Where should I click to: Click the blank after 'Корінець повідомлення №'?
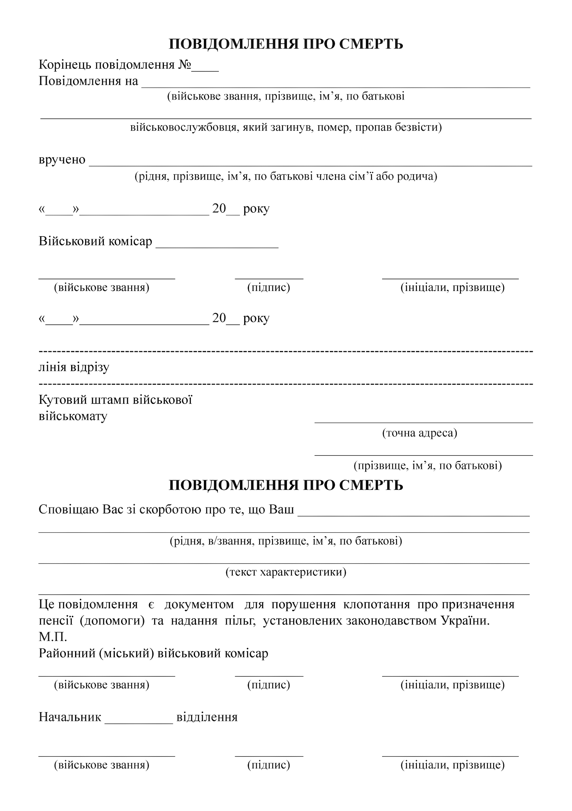point(205,70)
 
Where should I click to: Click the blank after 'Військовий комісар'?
point(217,247)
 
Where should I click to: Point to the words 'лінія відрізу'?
point(74,367)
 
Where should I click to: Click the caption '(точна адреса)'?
point(420,433)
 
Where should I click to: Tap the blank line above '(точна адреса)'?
point(424,421)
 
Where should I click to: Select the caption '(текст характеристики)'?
point(286,572)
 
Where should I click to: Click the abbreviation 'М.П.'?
point(53,637)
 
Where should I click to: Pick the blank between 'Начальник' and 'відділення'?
point(139,723)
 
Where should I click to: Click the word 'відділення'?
point(207,717)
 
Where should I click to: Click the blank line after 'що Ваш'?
point(414,515)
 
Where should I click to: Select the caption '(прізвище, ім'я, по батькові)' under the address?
point(428,466)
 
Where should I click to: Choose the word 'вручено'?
point(62,160)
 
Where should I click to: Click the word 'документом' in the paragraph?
point(199,604)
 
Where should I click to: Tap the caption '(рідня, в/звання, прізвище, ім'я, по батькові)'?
point(286,541)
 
